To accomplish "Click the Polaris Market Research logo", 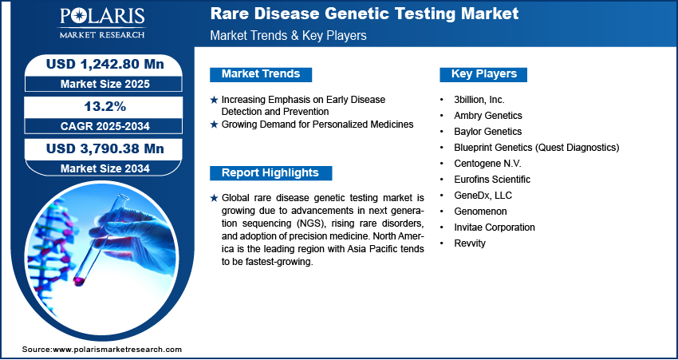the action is pos(102,23).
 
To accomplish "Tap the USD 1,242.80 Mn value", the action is pos(105,64).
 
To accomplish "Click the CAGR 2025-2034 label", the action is pos(105,126).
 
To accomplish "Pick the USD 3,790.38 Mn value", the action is pos(105,148).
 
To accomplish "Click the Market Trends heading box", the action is pos(261,74).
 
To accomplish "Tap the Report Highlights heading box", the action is pos(270,173).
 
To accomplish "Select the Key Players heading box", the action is pos(483,74).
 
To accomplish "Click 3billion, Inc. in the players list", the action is pos(479,100).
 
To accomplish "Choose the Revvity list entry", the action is pos(470,243).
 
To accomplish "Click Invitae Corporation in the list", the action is pos(495,227).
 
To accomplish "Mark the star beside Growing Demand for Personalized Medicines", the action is pos(214,125).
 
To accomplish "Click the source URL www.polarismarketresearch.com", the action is pos(117,350).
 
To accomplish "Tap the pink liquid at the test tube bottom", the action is pos(79,281).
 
